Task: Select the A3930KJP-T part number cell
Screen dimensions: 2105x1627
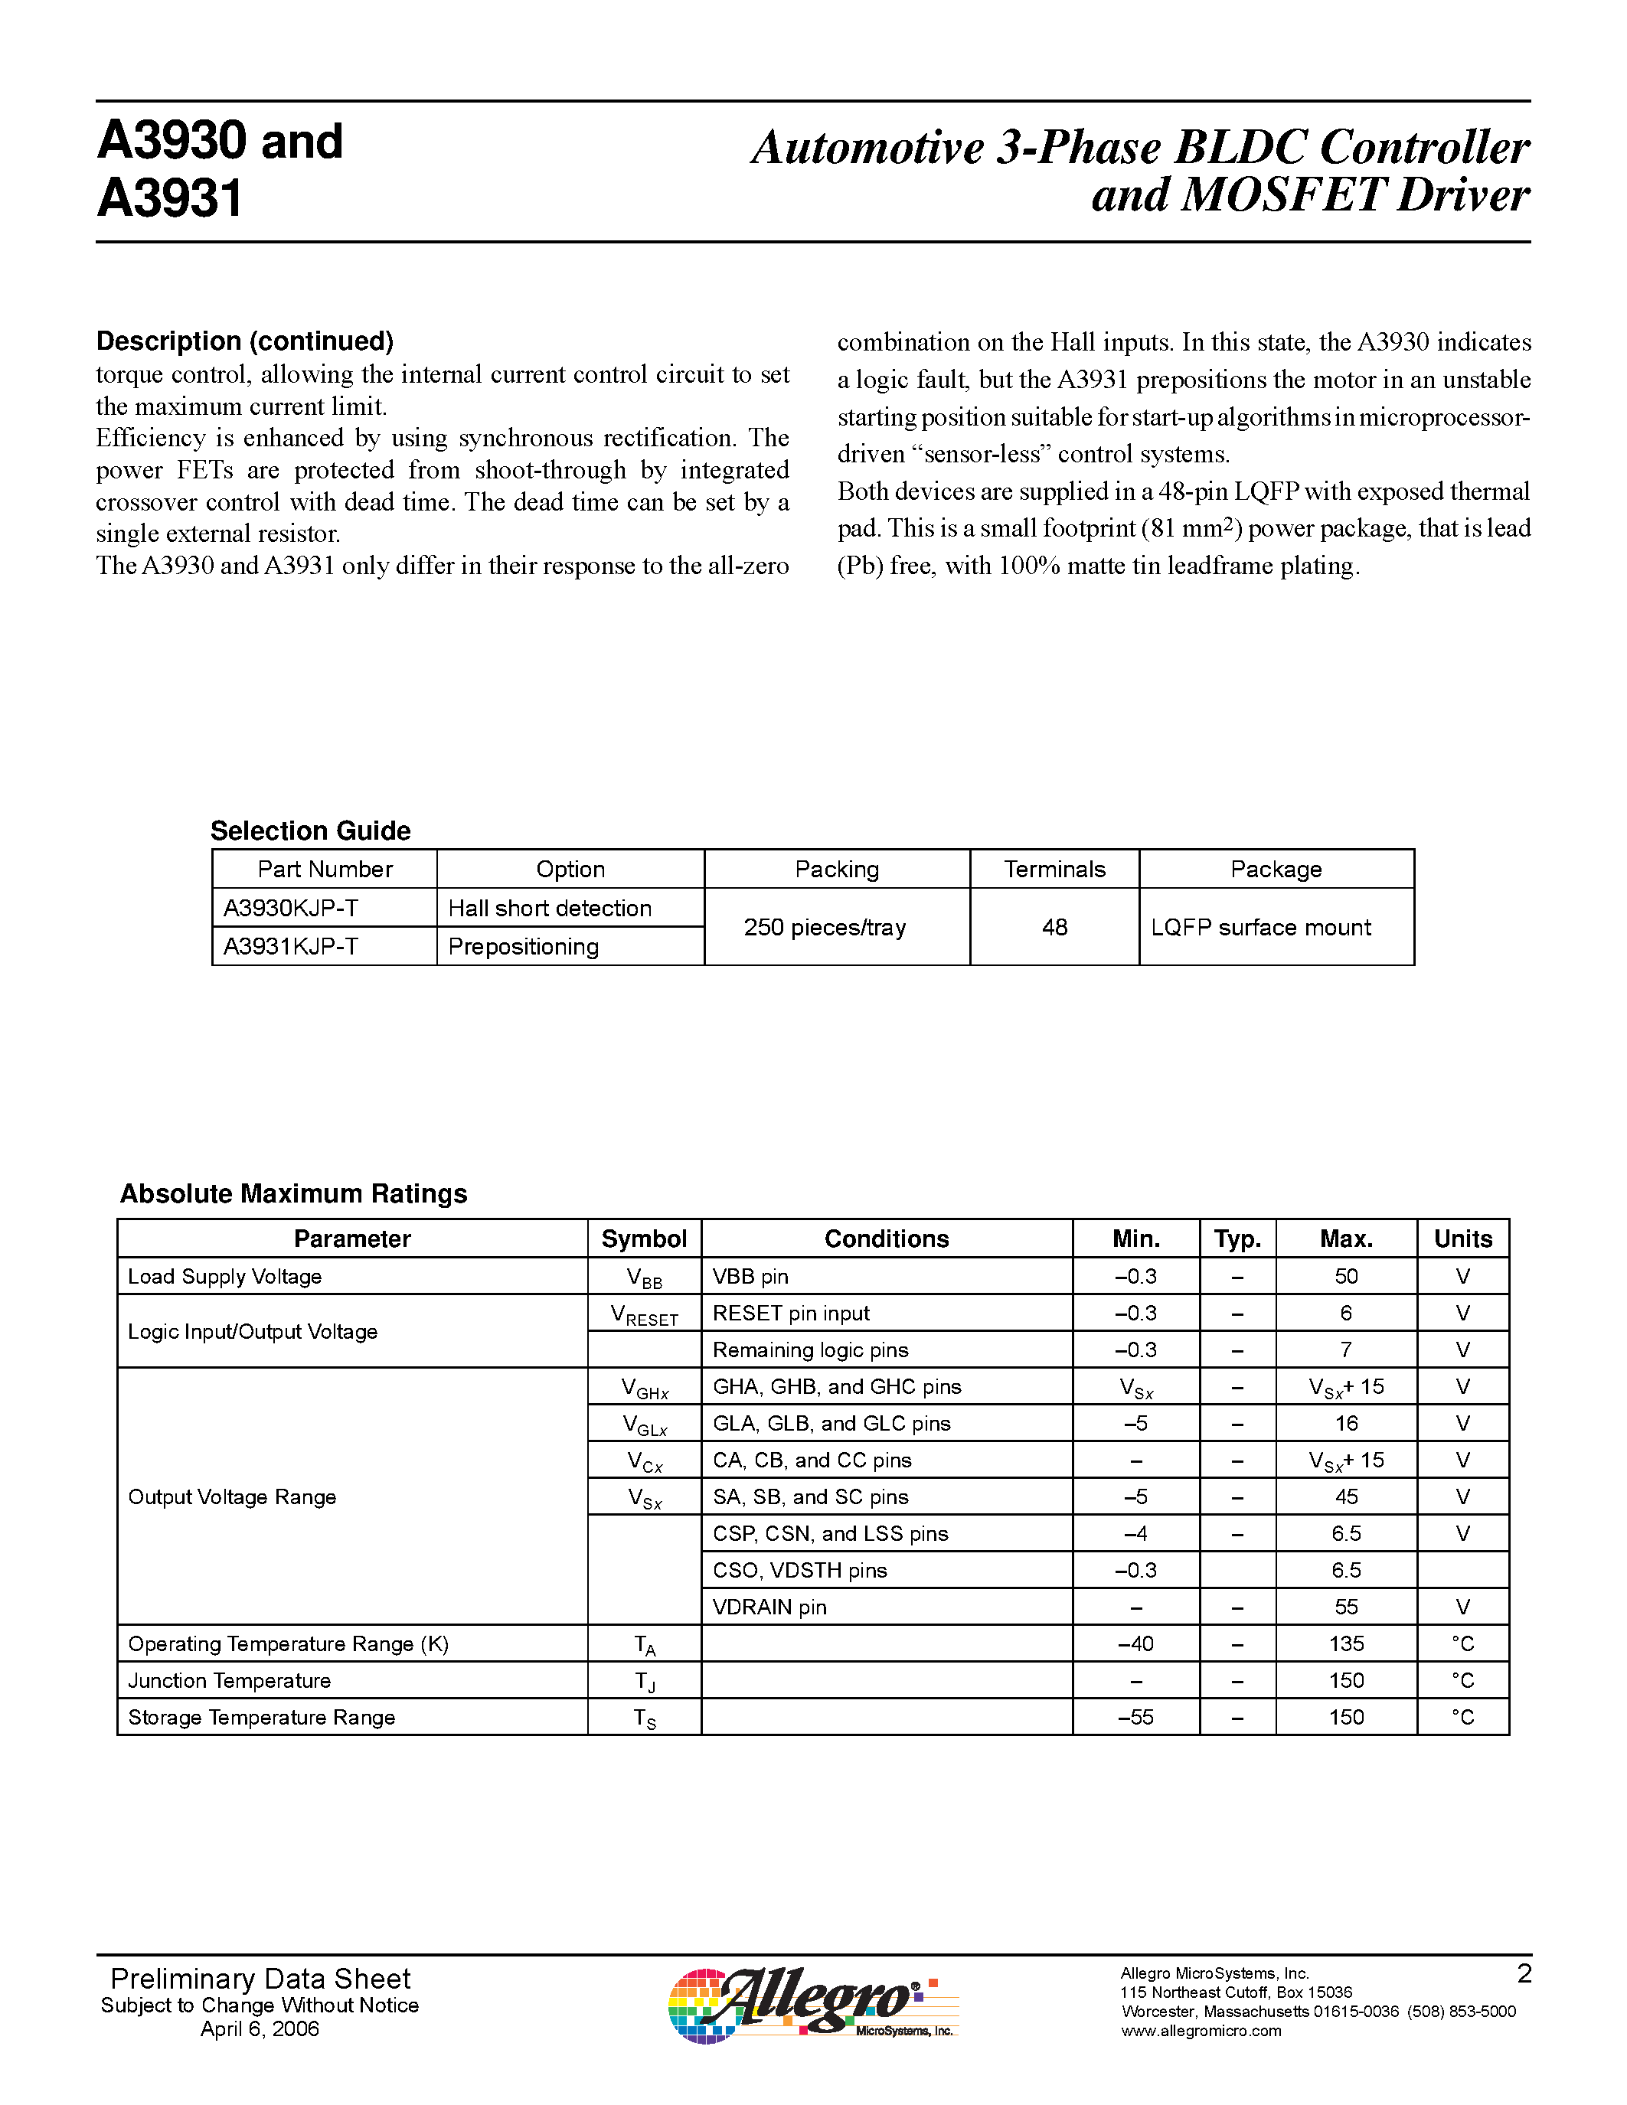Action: pyautogui.click(x=291, y=908)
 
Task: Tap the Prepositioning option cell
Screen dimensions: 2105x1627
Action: pyautogui.click(x=524, y=946)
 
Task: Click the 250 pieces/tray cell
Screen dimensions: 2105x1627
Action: pyautogui.click(x=825, y=927)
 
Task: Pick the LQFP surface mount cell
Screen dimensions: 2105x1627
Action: pyautogui.click(x=1261, y=927)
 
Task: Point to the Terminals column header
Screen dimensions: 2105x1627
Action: pyautogui.click(x=1054, y=870)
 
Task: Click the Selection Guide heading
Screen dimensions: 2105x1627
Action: pyautogui.click(x=310, y=830)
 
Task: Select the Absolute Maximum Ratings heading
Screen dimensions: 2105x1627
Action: pyautogui.click(x=293, y=1193)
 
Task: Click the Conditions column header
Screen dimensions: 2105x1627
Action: pyautogui.click(x=886, y=1239)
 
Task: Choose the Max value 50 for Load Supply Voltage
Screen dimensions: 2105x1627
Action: pyautogui.click(x=1345, y=1276)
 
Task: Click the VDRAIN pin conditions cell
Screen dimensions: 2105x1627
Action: pyautogui.click(x=769, y=1607)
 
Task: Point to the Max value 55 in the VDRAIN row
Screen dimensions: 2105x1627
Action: pyautogui.click(x=1345, y=1607)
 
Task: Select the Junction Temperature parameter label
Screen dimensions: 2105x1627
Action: pyautogui.click(x=230, y=1680)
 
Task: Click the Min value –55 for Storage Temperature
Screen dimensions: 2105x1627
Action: pyautogui.click(x=1135, y=1717)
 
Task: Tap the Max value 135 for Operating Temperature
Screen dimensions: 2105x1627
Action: pyautogui.click(x=1345, y=1643)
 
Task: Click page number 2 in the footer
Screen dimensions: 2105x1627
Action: pyautogui.click(x=1524, y=1974)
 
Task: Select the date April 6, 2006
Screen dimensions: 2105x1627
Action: pyautogui.click(x=260, y=2029)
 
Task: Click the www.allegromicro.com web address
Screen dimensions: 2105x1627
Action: pyautogui.click(x=1201, y=2031)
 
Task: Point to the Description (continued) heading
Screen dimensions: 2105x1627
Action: pyautogui.click(x=245, y=341)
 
